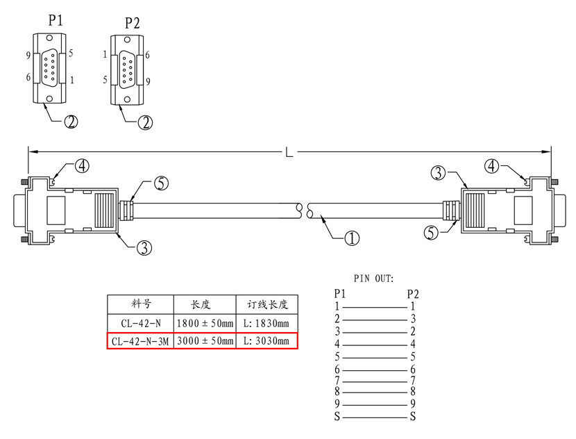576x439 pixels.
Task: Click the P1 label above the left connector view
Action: (56, 20)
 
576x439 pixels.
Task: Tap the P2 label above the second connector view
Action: (133, 23)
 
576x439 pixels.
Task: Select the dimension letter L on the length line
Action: (289, 152)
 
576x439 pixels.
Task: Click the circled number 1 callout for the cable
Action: (352, 238)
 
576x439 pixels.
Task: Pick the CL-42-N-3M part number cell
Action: (140, 342)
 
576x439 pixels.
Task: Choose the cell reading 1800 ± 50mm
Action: (205, 324)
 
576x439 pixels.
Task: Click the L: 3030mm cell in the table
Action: (266, 341)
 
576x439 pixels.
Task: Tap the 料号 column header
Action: (141, 304)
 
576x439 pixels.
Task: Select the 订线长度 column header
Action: (267, 304)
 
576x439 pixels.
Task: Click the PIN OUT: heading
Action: (373, 279)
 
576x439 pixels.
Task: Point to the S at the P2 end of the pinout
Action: (413, 417)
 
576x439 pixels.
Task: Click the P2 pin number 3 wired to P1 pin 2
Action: (413, 318)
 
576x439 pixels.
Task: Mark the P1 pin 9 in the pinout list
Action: (337, 404)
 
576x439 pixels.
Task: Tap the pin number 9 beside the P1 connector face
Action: (28, 56)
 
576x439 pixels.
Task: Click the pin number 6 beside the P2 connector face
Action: (147, 55)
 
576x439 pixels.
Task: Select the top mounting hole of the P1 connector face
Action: (49, 38)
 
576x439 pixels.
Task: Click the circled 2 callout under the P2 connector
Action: (145, 122)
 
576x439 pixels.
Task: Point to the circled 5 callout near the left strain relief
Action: (161, 183)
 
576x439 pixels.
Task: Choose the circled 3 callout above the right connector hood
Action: (438, 172)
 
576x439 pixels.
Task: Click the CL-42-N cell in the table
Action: (141, 324)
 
